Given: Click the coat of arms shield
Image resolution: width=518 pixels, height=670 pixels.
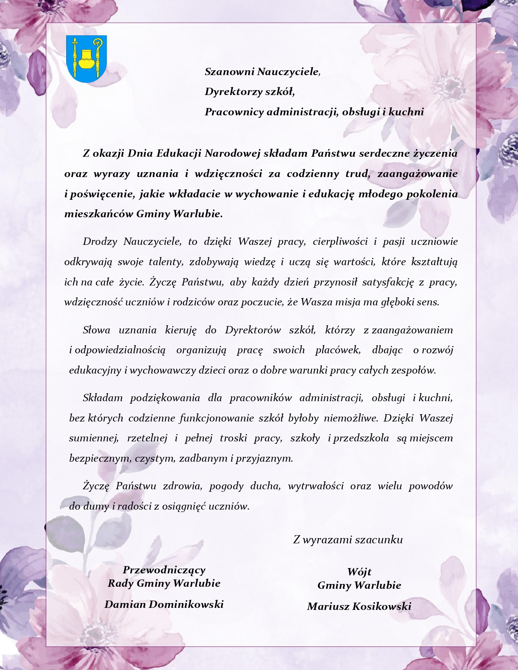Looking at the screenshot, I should coord(86,59).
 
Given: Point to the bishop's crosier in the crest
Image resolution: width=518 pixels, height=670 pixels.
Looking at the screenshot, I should coord(98,57).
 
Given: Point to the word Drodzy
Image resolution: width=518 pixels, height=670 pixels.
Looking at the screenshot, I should coord(100,242).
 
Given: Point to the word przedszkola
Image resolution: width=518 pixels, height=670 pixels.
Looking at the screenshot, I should coord(361,438).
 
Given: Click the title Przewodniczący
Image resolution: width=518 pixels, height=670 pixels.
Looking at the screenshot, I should coord(164,570).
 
